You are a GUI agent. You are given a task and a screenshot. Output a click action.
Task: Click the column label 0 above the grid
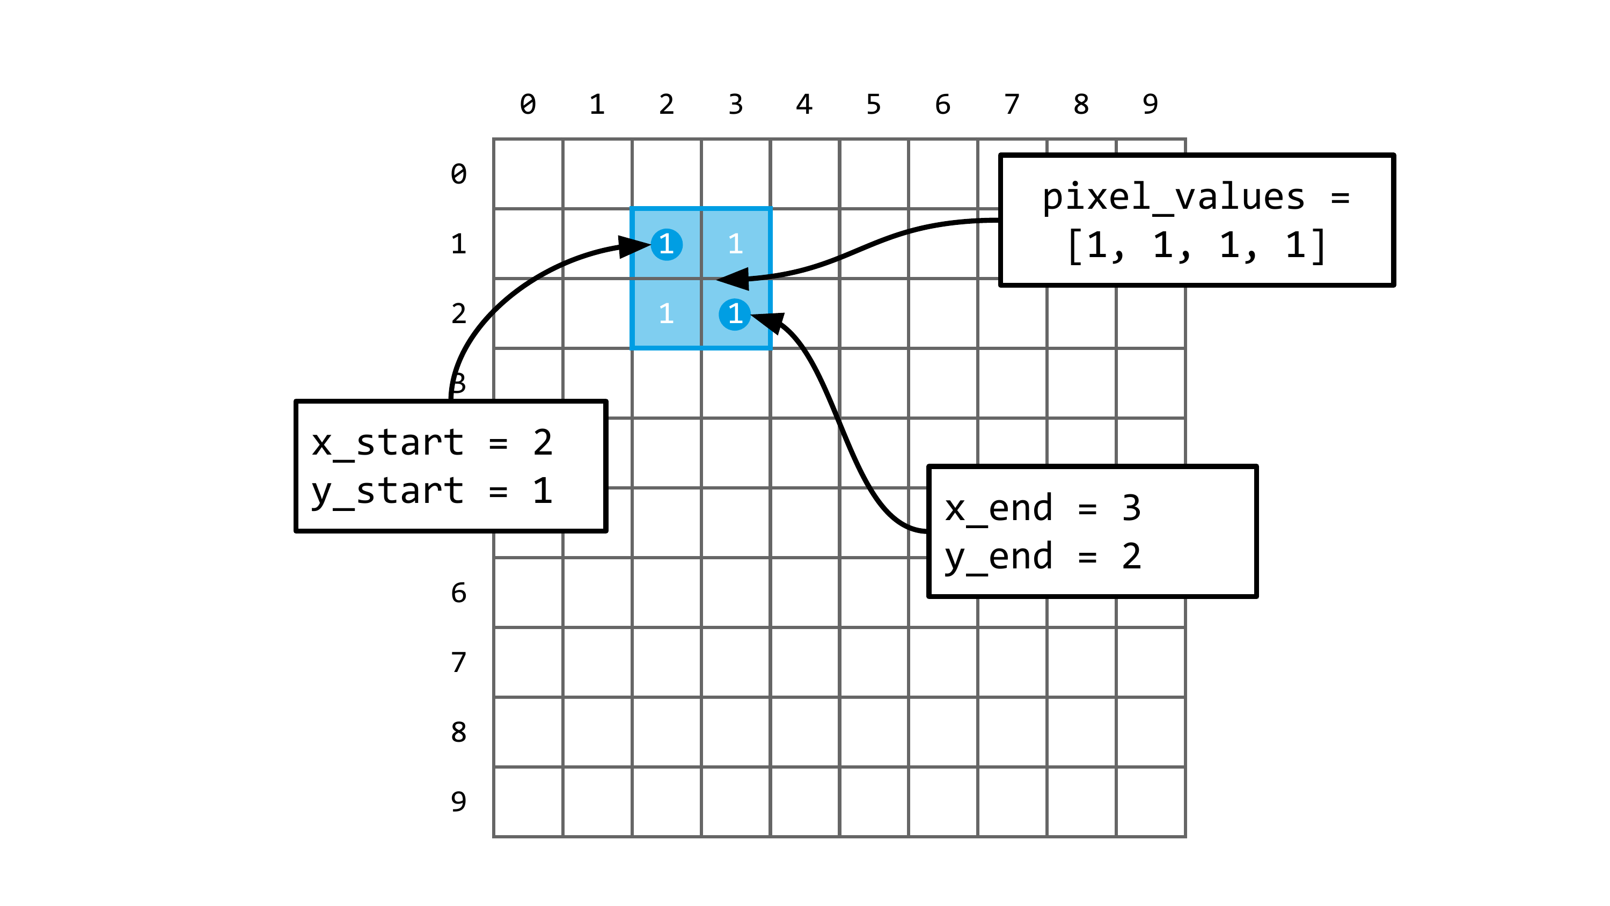click(x=528, y=105)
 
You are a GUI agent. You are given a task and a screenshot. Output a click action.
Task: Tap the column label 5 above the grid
click(x=873, y=105)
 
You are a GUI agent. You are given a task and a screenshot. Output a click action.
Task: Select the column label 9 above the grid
click(x=1150, y=105)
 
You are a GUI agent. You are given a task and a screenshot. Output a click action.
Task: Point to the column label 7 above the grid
click(x=1012, y=105)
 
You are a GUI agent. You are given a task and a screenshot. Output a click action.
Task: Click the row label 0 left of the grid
click(x=459, y=174)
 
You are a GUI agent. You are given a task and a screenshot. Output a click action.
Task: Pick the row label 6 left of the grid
click(x=459, y=593)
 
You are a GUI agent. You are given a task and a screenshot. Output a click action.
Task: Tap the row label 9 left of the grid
click(x=459, y=801)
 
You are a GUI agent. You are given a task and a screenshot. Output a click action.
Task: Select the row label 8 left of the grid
click(x=459, y=732)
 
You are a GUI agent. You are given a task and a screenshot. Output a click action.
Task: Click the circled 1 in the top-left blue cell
click(x=666, y=244)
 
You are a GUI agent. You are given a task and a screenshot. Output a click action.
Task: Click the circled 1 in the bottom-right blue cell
click(x=735, y=314)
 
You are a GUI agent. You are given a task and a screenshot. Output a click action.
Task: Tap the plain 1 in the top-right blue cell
click(x=736, y=244)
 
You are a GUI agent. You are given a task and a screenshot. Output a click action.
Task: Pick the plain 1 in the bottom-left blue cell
click(x=666, y=314)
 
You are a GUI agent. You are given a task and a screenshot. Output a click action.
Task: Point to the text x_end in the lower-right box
click(x=999, y=509)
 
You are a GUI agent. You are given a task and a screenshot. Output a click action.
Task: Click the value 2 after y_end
click(x=1131, y=557)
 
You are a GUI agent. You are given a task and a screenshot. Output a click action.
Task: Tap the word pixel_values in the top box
click(x=1173, y=198)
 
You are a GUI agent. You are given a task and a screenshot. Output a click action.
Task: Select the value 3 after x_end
click(x=1131, y=509)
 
